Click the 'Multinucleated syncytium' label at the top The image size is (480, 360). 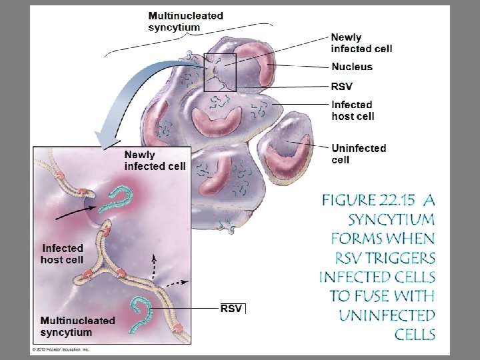click(185, 21)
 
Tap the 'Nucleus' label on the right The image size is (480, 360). click(352, 67)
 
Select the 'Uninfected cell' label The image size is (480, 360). click(359, 153)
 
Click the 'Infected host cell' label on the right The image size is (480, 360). click(353, 110)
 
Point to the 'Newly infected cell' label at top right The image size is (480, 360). click(361, 43)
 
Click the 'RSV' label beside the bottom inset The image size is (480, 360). click(231, 308)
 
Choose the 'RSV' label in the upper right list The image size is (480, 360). click(342, 86)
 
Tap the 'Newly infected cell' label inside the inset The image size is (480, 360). click(155, 160)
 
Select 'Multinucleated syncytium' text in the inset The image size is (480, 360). click(77, 326)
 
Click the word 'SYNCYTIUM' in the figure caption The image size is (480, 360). click(391, 219)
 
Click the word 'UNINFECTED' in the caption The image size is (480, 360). click(387, 315)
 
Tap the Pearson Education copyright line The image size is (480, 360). click(61, 349)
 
